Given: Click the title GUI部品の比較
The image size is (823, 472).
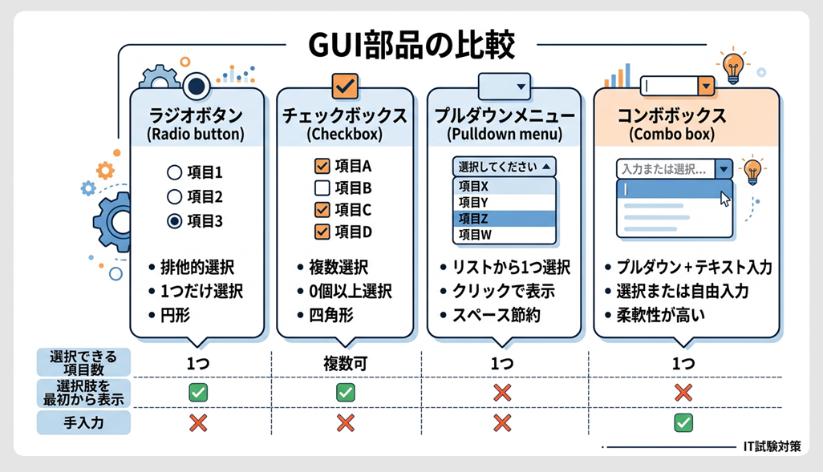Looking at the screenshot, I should pyautogui.click(x=412, y=45).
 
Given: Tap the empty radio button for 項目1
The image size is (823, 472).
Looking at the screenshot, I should pyautogui.click(x=174, y=171).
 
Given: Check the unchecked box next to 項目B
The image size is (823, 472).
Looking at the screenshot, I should pyautogui.click(x=322, y=188).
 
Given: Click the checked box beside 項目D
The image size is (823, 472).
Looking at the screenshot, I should pyautogui.click(x=322, y=232).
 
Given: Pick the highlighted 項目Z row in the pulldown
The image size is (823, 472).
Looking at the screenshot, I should pyautogui.click(x=504, y=218).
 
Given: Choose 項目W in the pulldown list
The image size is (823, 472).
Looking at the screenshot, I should pyautogui.click(x=504, y=235).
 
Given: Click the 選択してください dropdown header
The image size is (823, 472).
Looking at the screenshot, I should pyautogui.click(x=504, y=167).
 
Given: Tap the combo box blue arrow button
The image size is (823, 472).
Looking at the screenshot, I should pyautogui.click(x=724, y=169).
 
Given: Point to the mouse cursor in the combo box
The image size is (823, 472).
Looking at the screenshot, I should pyautogui.click(x=725, y=198).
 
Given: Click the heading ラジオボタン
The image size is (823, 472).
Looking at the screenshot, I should pyautogui.click(x=197, y=114).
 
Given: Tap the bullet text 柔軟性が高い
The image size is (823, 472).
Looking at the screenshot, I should pyautogui.click(x=660, y=314).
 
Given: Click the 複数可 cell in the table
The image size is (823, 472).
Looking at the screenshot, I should pyautogui.click(x=345, y=364).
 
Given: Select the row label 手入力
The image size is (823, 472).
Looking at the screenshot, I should pyautogui.click(x=83, y=422).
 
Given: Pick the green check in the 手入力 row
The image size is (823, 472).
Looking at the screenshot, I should pyautogui.click(x=683, y=422).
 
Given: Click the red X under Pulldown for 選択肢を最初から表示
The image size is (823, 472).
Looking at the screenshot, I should pyautogui.click(x=502, y=393).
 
